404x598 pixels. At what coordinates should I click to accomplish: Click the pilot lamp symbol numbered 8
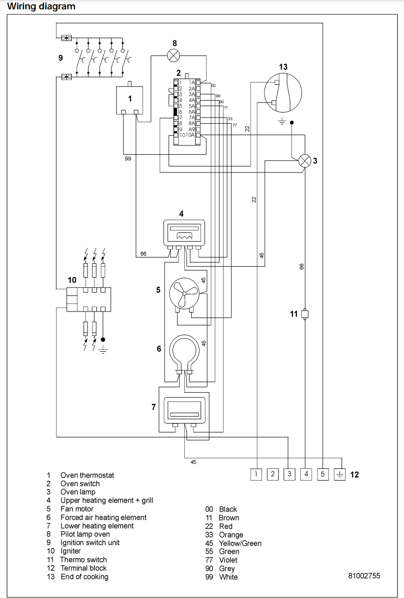[173, 55]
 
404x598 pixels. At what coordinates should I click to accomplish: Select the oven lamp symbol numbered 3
[305, 161]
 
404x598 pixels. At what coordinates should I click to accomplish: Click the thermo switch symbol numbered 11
[305, 314]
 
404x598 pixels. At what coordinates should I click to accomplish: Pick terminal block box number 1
[256, 474]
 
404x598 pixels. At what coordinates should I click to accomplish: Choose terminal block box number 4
[306, 474]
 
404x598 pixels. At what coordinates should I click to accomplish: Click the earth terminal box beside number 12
[340, 474]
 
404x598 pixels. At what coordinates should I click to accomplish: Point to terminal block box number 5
[323, 474]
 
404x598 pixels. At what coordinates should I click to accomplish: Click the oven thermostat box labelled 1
[130, 99]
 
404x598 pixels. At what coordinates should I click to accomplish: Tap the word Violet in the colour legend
[228, 560]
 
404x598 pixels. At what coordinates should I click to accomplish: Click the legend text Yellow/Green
[240, 543]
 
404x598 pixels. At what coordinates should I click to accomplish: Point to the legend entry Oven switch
[80, 484]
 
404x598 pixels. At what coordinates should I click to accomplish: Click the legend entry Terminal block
[84, 568]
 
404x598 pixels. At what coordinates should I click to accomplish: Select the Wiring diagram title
[41, 6]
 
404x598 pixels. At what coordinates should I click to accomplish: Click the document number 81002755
[364, 576]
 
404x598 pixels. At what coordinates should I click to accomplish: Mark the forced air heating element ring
[183, 350]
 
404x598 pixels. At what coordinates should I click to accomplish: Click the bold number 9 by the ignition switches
[60, 57]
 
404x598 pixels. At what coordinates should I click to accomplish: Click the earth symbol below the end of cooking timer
[282, 121]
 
